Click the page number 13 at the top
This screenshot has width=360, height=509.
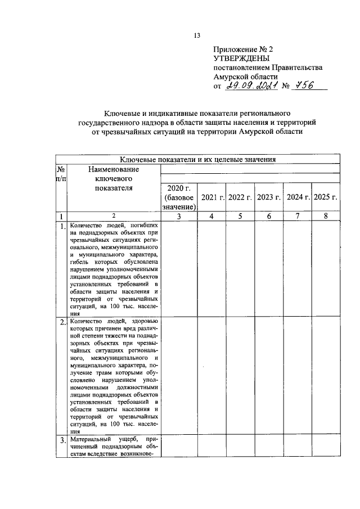[197, 35]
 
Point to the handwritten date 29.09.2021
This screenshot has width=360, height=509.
[249, 85]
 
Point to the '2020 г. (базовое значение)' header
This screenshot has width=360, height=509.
[179, 197]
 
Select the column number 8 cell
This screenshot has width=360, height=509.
[326, 216]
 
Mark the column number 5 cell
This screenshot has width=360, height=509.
[240, 216]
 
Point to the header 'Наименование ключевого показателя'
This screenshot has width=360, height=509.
[114, 178]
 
